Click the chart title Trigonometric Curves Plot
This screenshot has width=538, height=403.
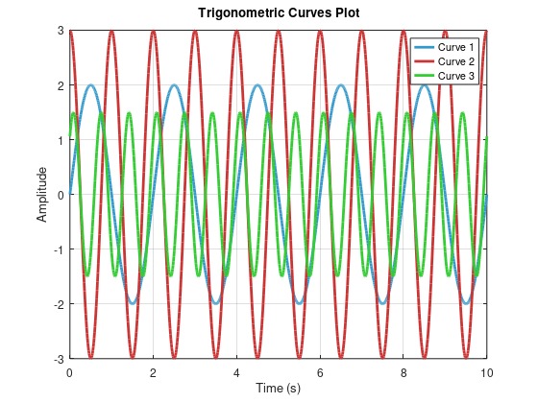pyautogui.click(x=278, y=13)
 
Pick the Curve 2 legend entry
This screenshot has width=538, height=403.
pyautogui.click(x=456, y=61)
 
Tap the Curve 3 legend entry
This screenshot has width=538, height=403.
pyautogui.click(x=456, y=75)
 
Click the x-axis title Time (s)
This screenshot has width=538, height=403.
pyautogui.click(x=278, y=389)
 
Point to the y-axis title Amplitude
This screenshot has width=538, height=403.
pyautogui.click(x=41, y=195)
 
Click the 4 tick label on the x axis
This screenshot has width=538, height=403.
pyautogui.click(x=236, y=371)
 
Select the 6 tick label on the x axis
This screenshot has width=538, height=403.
pyautogui.click(x=320, y=371)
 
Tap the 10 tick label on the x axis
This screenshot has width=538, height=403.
pyautogui.click(x=487, y=371)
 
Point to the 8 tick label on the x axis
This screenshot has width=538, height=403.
pyautogui.click(x=403, y=371)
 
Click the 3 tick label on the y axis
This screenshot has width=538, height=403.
pyautogui.click(x=60, y=31)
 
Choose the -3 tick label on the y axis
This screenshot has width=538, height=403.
pyautogui.click(x=57, y=359)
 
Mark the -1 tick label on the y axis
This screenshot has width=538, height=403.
pyautogui.click(x=57, y=249)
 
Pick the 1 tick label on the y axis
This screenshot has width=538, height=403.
pyautogui.click(x=60, y=140)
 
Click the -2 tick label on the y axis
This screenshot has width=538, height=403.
pyautogui.click(x=57, y=304)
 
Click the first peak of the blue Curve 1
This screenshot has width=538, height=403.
pyautogui.click(x=90, y=85)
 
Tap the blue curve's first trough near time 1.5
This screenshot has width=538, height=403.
pyautogui.click(x=133, y=304)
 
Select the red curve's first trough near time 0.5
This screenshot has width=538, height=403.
pyautogui.click(x=90, y=358)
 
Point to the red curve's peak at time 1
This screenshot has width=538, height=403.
pyautogui.click(x=111, y=32)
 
